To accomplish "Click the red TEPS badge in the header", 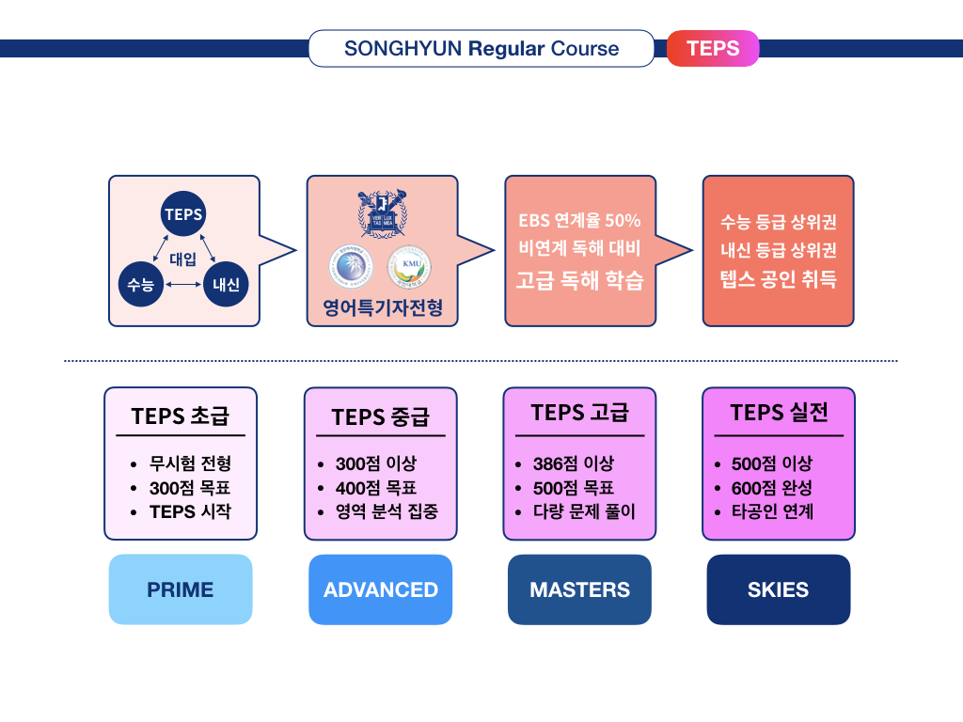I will point(712,49).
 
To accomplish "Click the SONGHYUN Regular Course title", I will point(481,49).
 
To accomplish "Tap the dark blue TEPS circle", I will point(183,214).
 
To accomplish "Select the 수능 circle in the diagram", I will point(141,283).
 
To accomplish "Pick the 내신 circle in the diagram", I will point(226,283).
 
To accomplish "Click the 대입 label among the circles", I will point(182,259).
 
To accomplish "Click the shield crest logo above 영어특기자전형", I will point(381,215).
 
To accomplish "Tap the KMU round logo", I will point(409,266).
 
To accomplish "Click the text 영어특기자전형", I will point(382,307).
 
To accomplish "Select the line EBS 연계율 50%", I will point(579,221).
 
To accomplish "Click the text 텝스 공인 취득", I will point(778,279).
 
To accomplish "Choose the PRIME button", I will point(181,589).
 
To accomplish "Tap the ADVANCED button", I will point(381,589).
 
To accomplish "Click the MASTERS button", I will point(579,589).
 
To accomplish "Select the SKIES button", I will point(778,589).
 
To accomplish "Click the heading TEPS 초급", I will point(180,416).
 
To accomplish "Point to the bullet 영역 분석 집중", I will point(386,512).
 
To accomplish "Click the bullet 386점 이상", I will point(573,463).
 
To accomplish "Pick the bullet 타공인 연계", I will point(772,512).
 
